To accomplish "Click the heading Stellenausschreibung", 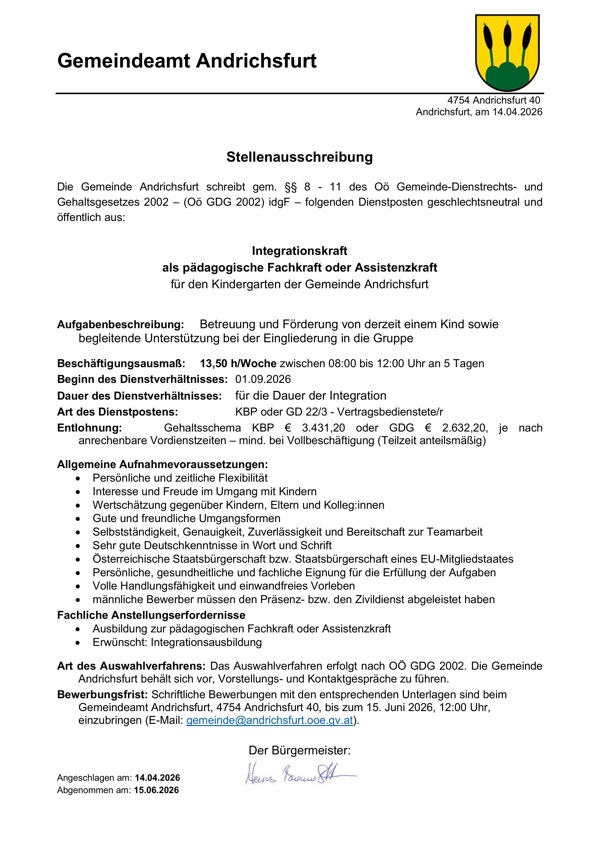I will [300, 157].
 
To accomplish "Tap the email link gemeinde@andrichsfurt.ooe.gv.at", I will [270, 720].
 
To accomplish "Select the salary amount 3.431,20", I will [323, 428].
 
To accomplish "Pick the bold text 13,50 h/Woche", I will [238, 364].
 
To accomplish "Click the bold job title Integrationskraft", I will [300, 251].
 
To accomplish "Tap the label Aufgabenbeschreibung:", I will [120, 324].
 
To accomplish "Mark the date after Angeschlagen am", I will [157, 778].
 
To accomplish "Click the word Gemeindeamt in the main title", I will [123, 61].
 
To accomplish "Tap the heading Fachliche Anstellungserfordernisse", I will [151, 615].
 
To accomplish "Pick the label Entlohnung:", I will [89, 428].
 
